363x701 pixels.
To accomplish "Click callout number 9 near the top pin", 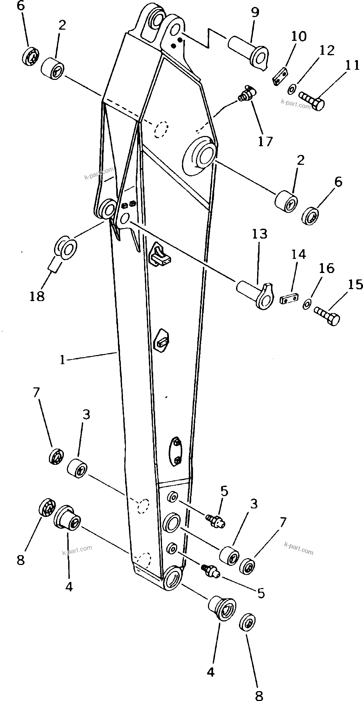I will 255,12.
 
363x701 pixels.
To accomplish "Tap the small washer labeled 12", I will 292,89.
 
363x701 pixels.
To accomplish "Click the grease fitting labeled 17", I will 246,93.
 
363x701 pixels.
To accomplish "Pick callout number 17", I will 265,142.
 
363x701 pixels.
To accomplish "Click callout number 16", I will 326,268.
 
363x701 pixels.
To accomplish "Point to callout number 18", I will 37,296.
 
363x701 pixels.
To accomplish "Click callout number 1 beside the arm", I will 62,360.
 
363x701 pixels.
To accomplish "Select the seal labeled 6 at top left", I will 30,56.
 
